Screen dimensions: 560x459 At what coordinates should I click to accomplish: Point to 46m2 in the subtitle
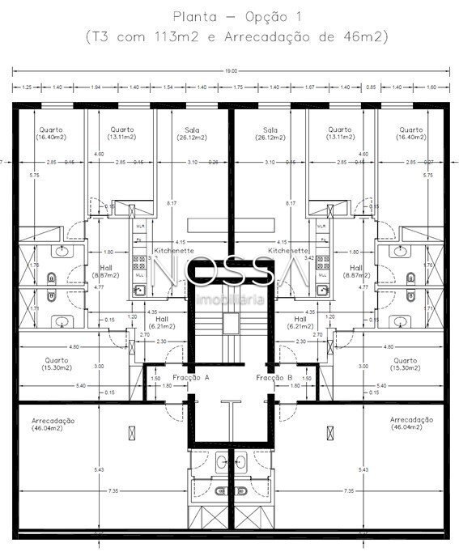365,37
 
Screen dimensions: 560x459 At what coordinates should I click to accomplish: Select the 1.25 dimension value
27,86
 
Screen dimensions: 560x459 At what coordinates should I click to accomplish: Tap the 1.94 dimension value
96,86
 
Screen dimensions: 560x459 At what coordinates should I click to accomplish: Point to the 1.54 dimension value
168,86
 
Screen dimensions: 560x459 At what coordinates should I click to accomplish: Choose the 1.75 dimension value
238,86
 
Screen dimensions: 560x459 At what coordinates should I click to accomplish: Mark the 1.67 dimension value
309,86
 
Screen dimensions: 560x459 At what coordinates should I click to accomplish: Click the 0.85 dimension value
371,86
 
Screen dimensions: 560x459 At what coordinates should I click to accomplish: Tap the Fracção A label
191,377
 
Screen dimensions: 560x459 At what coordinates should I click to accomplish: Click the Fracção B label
274,377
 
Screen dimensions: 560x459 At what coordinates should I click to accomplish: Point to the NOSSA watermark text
230,274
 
